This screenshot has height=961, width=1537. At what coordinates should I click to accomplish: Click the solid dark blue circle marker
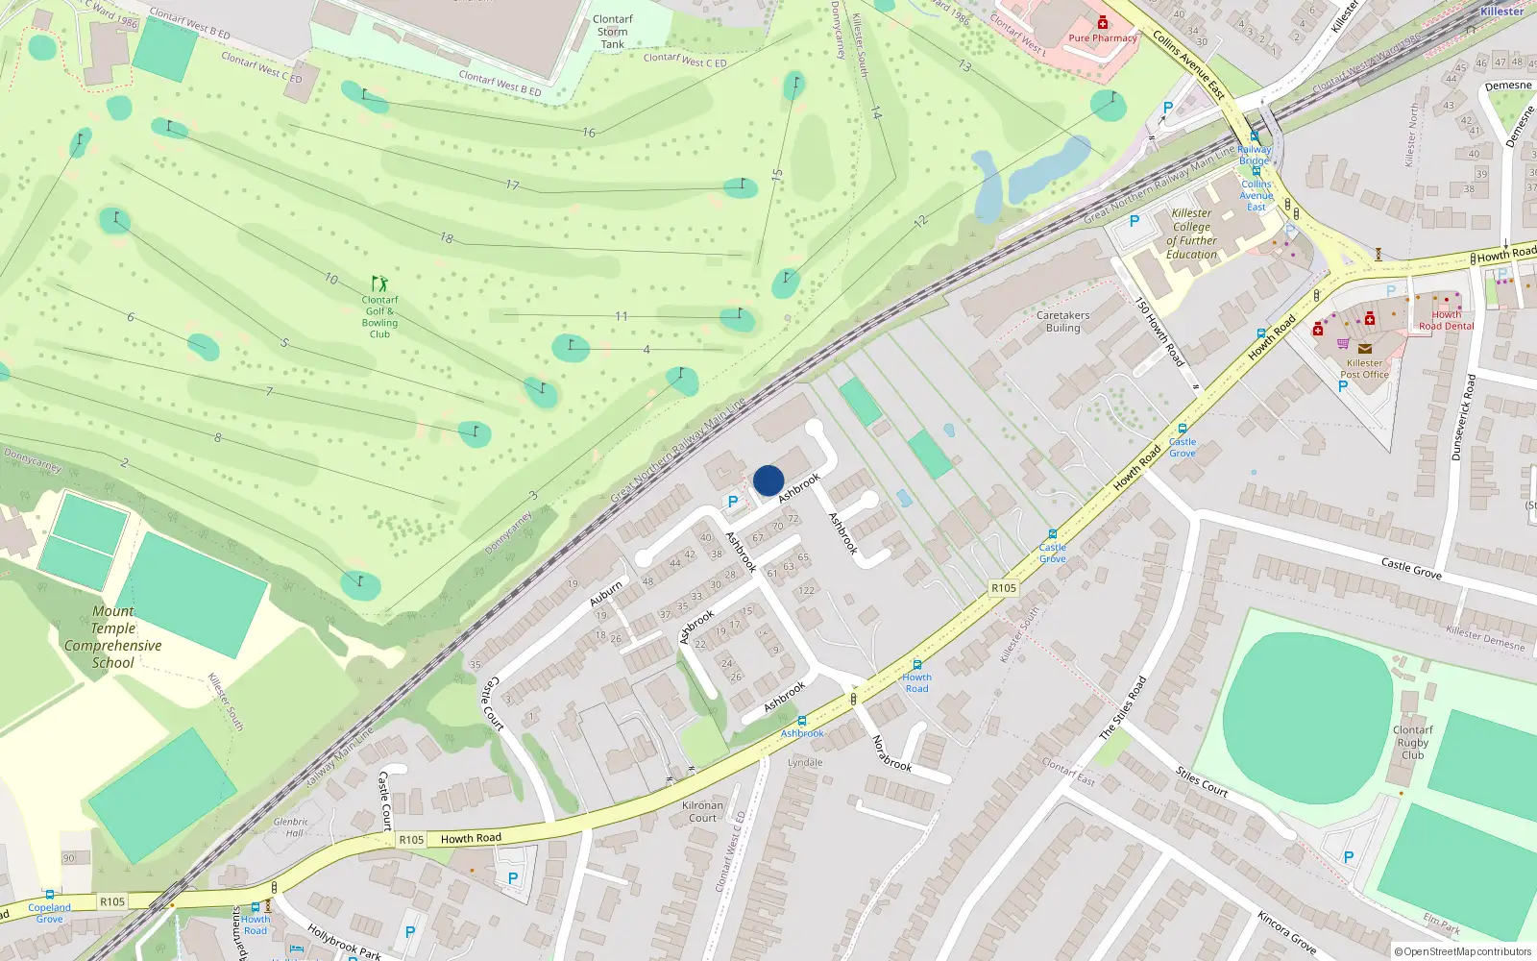click(768, 480)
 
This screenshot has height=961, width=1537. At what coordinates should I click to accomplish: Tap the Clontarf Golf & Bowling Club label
click(379, 317)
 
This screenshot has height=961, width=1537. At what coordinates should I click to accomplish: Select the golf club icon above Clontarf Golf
click(379, 283)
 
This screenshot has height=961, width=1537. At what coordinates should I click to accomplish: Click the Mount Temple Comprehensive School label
click(112, 637)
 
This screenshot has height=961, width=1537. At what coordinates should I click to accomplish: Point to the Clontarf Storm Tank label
click(613, 32)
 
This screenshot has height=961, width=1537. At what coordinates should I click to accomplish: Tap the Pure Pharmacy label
click(1102, 38)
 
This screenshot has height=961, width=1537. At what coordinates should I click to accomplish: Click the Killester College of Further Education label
click(1191, 234)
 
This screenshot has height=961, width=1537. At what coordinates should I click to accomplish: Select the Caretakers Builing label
click(1062, 321)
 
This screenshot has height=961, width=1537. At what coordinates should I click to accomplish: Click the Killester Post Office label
click(1364, 369)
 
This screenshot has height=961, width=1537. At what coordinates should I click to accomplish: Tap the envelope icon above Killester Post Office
click(1364, 349)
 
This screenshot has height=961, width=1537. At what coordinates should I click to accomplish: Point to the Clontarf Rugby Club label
click(1412, 742)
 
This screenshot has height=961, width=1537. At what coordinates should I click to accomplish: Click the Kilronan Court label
click(702, 812)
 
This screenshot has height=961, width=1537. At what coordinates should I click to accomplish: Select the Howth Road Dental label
click(1446, 320)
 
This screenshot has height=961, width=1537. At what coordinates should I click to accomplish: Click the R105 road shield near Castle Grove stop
click(1003, 588)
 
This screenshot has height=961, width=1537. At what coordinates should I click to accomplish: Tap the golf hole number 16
click(589, 133)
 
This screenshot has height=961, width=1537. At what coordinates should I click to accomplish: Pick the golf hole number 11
click(622, 316)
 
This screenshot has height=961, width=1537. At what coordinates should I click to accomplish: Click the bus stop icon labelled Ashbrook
click(802, 721)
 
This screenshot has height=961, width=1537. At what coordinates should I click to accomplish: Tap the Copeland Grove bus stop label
click(49, 913)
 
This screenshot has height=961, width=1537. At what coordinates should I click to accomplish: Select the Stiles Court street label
click(1202, 781)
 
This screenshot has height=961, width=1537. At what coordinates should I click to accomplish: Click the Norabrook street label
click(891, 753)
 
